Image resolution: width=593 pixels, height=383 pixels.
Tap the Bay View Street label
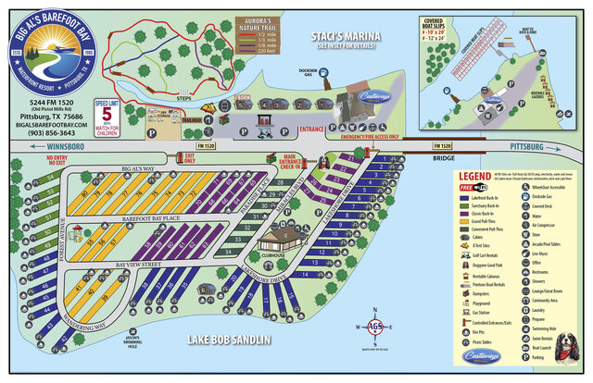click(139, 266)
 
